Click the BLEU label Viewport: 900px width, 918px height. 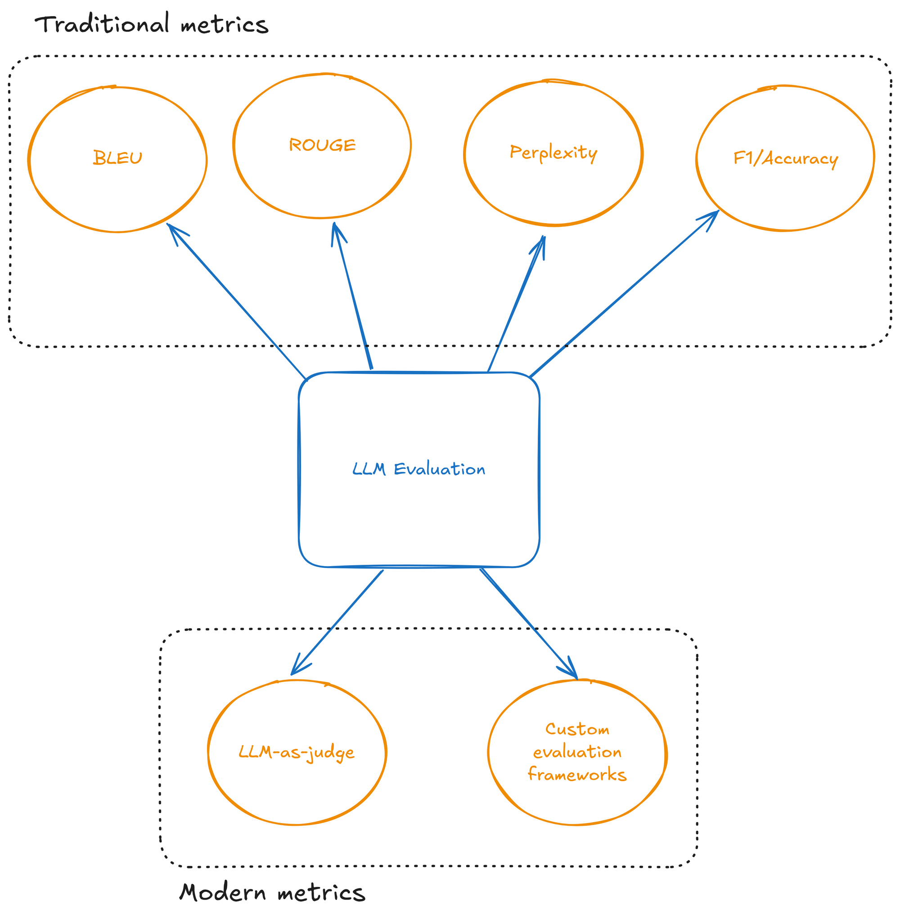[x=117, y=158]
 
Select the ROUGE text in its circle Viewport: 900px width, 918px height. [x=322, y=145]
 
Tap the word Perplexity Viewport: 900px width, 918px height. [x=553, y=153]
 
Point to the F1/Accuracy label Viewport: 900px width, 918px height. [x=785, y=158]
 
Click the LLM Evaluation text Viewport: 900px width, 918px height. [x=419, y=469]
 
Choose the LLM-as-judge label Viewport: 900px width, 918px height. [x=297, y=752]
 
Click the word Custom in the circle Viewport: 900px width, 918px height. [x=577, y=729]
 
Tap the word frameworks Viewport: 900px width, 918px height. [x=577, y=774]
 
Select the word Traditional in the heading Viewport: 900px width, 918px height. [x=102, y=24]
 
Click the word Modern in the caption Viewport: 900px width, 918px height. [x=223, y=892]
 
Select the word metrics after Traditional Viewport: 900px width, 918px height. [x=224, y=25]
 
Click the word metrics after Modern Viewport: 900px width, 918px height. [x=321, y=892]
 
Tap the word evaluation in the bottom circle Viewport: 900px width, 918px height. [x=577, y=751]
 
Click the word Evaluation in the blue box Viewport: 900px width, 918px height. [x=440, y=469]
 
